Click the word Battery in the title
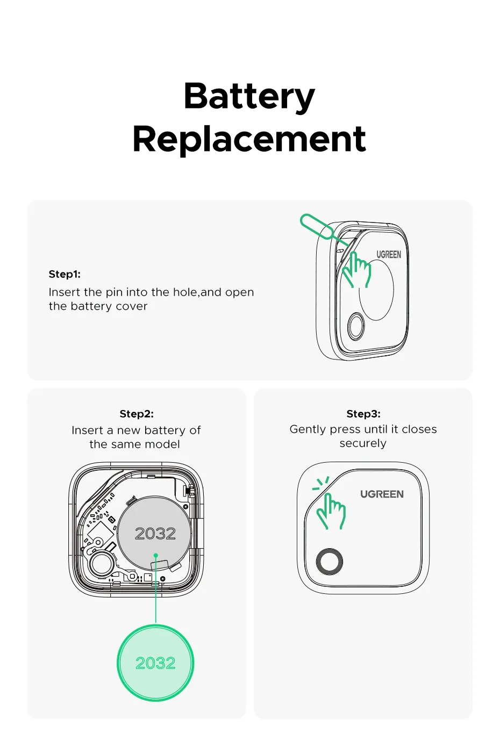pyautogui.click(x=249, y=97)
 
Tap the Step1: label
pyautogui.click(x=65, y=274)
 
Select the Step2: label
pyautogui.click(x=137, y=414)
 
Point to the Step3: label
pyautogui.click(x=363, y=414)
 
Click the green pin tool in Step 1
pyautogui.click(x=317, y=226)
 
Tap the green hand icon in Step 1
pyautogui.click(x=357, y=270)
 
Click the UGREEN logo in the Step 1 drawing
pyautogui.click(x=389, y=255)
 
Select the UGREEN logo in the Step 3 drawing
pyautogui.click(x=382, y=494)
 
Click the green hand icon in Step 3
pyautogui.click(x=331, y=512)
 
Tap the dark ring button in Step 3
pyautogui.click(x=330, y=562)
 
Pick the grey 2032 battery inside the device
pyautogui.click(x=155, y=533)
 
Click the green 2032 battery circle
pyautogui.click(x=155, y=663)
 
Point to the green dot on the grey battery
pyautogui.click(x=156, y=555)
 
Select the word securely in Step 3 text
pyautogui.click(x=363, y=443)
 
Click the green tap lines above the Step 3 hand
pyautogui.click(x=321, y=483)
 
